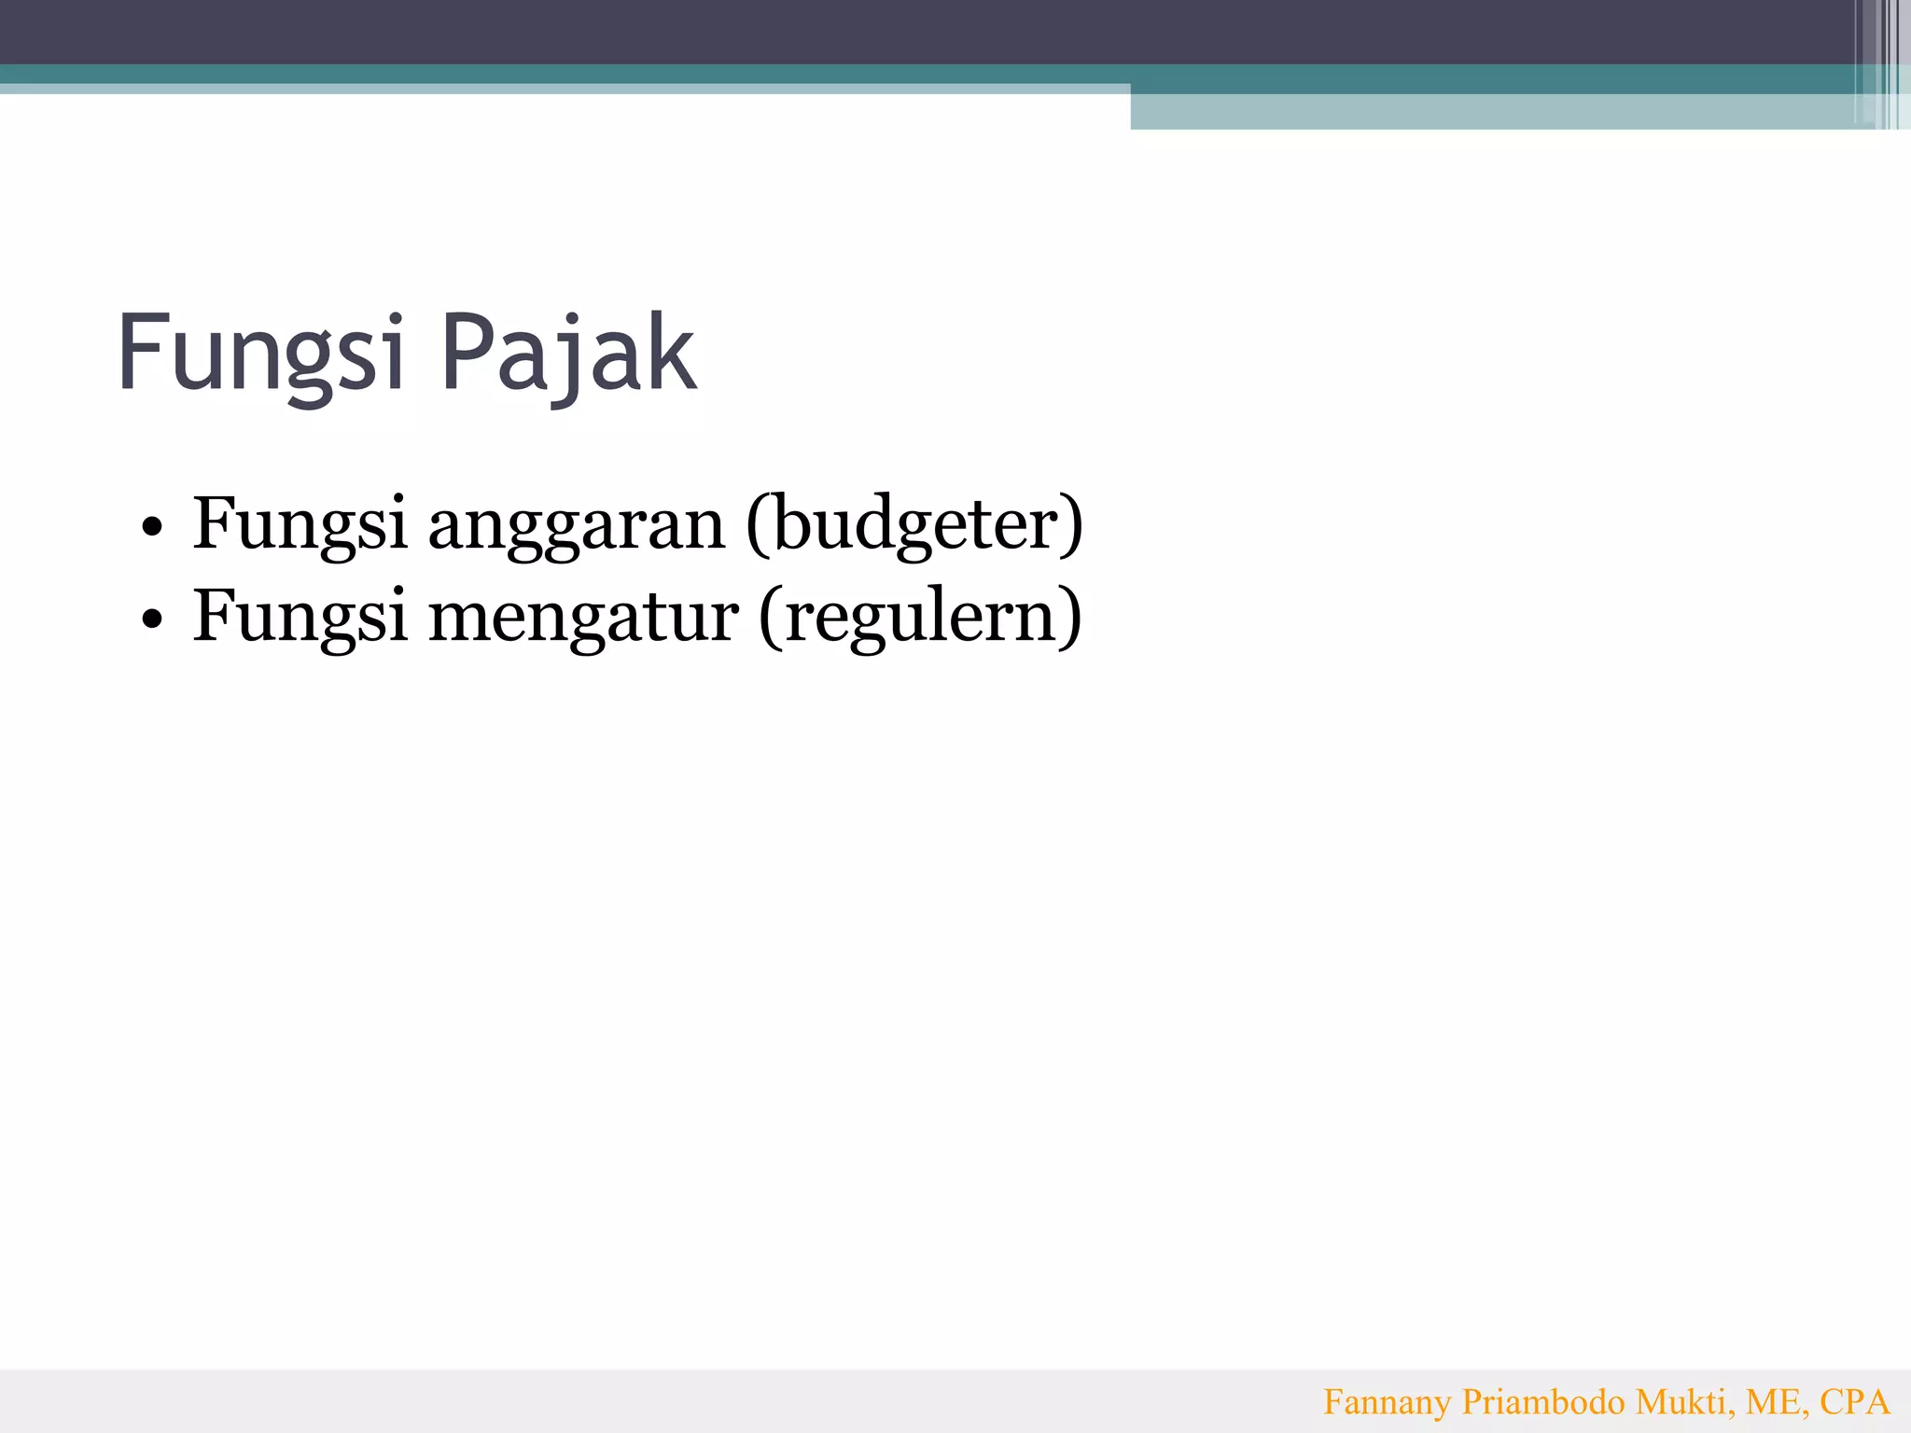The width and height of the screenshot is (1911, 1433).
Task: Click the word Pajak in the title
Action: [x=568, y=355]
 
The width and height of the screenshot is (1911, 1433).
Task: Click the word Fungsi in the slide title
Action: [x=260, y=355]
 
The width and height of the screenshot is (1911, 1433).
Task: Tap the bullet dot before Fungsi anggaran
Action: [x=152, y=527]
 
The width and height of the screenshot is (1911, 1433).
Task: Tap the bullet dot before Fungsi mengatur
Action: [x=152, y=619]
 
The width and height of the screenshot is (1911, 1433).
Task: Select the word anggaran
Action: [x=576, y=525]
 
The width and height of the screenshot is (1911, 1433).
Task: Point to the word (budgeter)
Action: [x=914, y=525]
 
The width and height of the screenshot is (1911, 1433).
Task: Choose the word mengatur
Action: [x=583, y=617]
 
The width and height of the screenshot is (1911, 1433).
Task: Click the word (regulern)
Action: [x=920, y=617]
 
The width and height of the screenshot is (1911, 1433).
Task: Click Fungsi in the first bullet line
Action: [x=300, y=525]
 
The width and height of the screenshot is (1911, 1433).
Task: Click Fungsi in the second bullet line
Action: [x=300, y=617]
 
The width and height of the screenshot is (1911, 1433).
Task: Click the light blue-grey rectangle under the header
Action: [x=1493, y=112]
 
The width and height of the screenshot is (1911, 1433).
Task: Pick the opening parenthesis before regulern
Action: [x=771, y=619]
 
